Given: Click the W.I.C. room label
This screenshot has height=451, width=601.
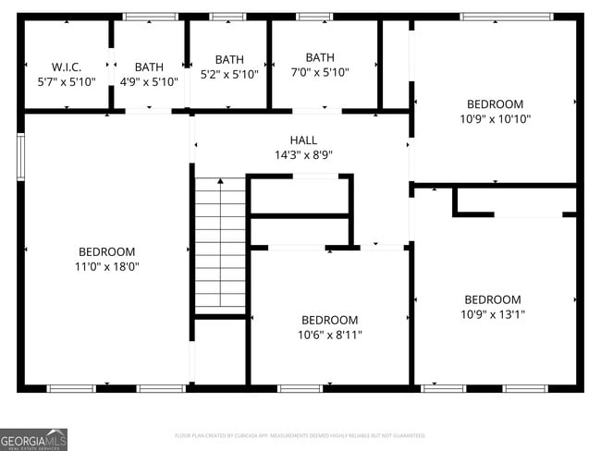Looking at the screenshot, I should [67, 67].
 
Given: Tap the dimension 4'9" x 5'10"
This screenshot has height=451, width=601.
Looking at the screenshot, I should [149, 81].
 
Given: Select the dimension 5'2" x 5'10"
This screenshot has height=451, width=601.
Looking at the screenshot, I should [229, 74].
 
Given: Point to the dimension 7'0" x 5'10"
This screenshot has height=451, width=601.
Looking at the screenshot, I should [320, 72].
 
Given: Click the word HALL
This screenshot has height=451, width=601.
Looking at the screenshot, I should [303, 140].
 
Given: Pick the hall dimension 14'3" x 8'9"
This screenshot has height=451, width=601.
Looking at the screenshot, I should [303, 155].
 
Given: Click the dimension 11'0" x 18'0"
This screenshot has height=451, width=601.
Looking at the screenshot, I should [107, 266].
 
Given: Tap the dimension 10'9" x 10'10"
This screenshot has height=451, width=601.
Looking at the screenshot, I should [496, 118].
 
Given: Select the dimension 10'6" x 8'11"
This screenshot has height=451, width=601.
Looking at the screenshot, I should [330, 335].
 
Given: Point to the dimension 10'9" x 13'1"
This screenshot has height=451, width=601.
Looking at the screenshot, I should [492, 314].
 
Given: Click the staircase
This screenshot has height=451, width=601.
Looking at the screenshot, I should [220, 245].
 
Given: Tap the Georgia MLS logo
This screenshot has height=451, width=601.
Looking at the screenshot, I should [33, 438].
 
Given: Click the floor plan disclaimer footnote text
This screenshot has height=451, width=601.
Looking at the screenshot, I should [300, 434].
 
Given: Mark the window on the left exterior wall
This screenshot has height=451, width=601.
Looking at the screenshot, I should [20, 156].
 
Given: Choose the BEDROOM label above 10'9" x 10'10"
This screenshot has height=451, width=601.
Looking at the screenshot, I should [495, 104].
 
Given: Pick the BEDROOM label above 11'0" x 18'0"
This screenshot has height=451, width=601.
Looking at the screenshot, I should [107, 251].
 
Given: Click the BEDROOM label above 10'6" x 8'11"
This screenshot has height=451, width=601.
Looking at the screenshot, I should [330, 320].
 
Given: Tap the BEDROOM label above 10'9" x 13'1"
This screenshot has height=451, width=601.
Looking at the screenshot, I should [492, 299].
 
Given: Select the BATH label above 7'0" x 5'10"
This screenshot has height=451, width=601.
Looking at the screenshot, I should [320, 57].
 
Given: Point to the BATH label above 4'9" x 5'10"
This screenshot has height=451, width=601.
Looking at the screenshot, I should [149, 67].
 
